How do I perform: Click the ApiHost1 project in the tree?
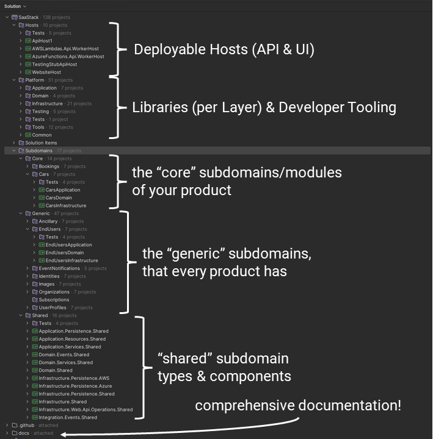(x=42, y=41)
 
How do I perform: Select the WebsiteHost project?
(x=46, y=72)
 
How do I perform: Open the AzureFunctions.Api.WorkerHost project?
(x=68, y=56)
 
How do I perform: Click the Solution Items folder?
(x=41, y=143)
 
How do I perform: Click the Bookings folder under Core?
(x=49, y=166)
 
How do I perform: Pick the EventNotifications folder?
(x=59, y=268)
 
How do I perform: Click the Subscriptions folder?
(x=54, y=300)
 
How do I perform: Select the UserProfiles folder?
(x=53, y=308)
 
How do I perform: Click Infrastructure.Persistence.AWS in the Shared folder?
(x=78, y=378)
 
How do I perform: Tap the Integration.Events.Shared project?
(x=72, y=418)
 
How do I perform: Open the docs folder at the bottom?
(x=24, y=433)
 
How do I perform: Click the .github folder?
(x=27, y=425)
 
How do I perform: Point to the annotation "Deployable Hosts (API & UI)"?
(x=224, y=50)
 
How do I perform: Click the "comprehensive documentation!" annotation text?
(x=298, y=405)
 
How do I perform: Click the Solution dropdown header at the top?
(x=15, y=6)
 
